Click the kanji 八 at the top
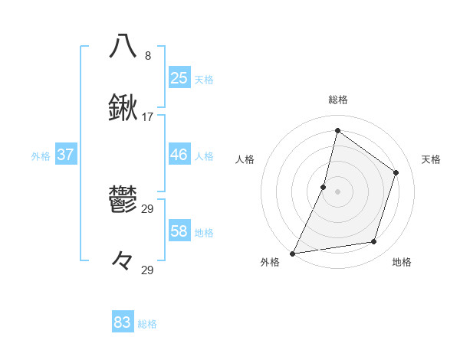(123, 46)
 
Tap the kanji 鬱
(123, 200)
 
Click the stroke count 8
(148, 56)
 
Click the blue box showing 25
(179, 78)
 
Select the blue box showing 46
(179, 155)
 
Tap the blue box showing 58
(179, 231)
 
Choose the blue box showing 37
(65, 155)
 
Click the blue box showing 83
(123, 322)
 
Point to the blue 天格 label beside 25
(204, 80)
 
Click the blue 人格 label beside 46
(204, 156)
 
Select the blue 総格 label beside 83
(147, 324)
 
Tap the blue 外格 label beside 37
(41, 156)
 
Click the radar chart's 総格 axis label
(337, 100)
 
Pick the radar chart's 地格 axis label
(402, 262)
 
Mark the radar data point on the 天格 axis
(396, 172)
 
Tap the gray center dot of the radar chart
(337, 191)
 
